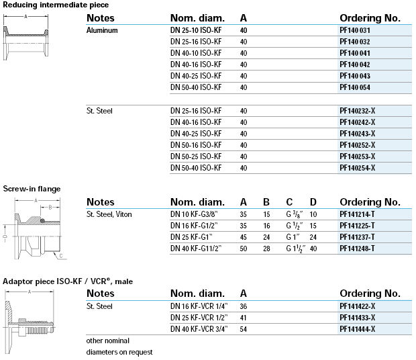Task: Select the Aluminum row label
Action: click(103, 30)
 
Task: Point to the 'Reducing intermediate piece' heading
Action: click(56, 5)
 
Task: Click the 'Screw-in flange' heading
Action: click(32, 189)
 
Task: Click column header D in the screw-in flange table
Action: click(313, 201)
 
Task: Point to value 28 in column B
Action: click(266, 249)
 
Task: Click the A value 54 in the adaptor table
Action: click(244, 328)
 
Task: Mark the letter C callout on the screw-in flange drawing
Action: click(60, 256)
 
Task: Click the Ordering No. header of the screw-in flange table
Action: click(370, 201)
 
